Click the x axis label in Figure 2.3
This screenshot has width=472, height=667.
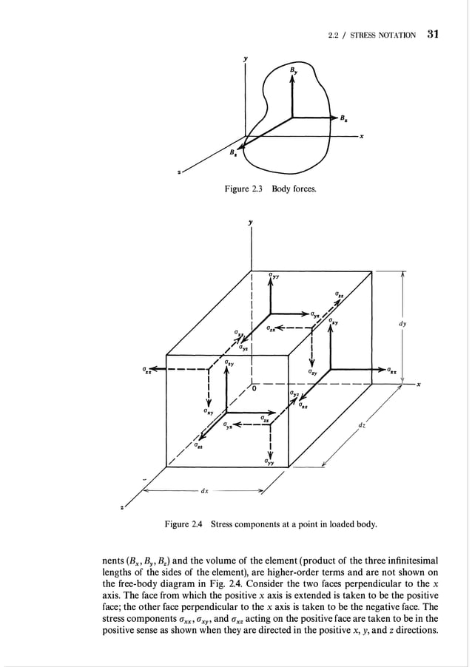tap(362, 135)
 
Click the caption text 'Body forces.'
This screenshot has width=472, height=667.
tap(294, 190)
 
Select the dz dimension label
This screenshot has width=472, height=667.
tap(361, 425)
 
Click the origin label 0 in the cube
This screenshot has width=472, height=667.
tap(254, 387)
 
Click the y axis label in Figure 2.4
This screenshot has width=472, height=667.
tap(252, 222)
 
